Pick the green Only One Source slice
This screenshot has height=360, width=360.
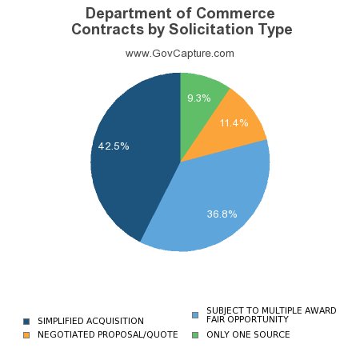click(200, 92)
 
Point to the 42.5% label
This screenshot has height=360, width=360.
click(114, 146)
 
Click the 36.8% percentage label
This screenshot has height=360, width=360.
click(222, 214)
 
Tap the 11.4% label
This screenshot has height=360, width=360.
click(234, 123)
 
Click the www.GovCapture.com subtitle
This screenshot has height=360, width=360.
click(180, 54)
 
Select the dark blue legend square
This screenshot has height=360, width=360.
click(26, 321)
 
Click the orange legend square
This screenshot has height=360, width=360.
click(26, 334)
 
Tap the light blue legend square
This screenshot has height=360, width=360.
click(195, 314)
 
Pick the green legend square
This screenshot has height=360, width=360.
click(195, 334)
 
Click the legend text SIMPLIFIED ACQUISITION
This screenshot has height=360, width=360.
click(90, 321)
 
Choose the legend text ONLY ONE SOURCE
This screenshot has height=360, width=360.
click(248, 334)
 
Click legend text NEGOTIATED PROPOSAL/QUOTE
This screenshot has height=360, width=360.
click(107, 334)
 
